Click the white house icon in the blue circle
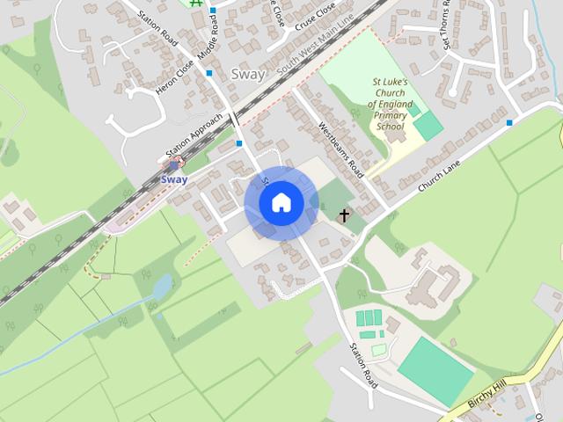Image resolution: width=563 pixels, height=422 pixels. pos(281,203)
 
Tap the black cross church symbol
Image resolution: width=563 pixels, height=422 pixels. pos(344,215)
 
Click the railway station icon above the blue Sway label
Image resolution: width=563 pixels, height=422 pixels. pos(174,163)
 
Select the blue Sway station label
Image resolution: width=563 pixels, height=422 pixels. pos(174,179)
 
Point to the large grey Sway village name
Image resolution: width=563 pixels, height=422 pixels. pos(247,75)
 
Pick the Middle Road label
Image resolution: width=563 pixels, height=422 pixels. pos(208,40)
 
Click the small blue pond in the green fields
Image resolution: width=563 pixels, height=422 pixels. pos(162,287)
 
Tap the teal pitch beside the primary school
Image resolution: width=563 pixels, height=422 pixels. pos(428,126)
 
